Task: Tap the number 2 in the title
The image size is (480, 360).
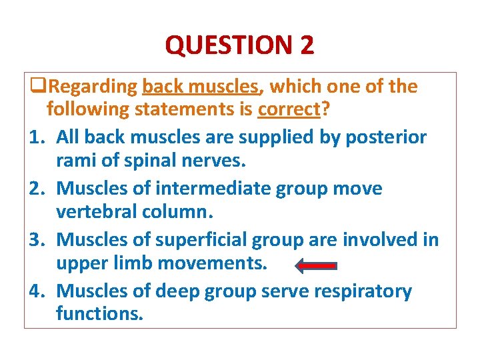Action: (307, 45)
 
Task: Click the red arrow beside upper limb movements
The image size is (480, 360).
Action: (315, 265)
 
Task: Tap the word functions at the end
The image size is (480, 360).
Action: (99, 314)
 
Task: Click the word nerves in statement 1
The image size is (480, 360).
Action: (217, 161)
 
